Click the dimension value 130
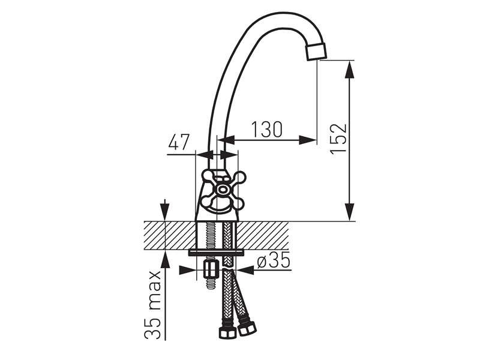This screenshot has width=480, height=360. [267, 129]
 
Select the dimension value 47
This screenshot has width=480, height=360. [179, 143]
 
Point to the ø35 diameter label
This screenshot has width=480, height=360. [273, 261]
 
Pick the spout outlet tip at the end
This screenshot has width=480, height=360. [316, 52]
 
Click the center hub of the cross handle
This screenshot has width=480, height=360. [223, 190]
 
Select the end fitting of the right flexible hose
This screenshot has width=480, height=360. [246, 328]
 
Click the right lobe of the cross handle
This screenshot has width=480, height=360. [240, 178]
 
